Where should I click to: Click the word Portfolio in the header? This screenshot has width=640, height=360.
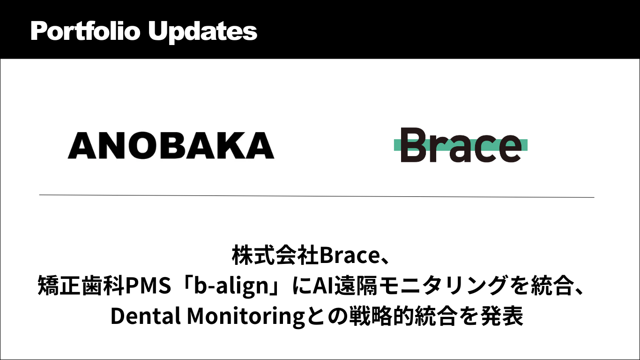85,31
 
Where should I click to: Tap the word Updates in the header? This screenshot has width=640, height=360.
203,32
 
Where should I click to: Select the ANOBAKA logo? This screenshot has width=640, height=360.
171,145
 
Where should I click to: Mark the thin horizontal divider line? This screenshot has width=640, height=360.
317,196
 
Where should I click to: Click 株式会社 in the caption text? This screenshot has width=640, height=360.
275,255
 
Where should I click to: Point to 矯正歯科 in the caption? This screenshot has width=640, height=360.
81,285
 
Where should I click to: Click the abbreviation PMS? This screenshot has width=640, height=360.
148,285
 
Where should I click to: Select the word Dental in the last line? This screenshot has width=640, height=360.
145,316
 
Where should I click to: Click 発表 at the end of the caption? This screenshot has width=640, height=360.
502,316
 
